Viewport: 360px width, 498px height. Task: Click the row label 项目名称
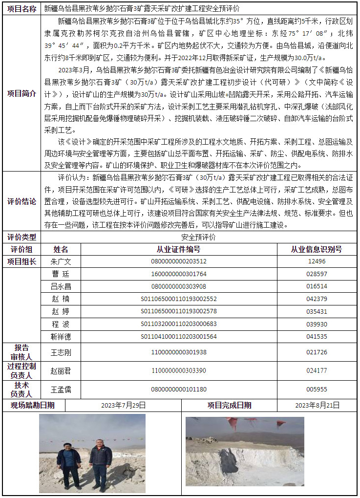coord(21,9)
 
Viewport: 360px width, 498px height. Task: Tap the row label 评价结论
coord(21,200)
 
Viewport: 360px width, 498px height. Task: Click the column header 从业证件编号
coord(179,249)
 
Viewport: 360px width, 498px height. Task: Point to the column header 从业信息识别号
coord(317,249)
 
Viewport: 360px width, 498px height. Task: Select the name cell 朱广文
coord(61,261)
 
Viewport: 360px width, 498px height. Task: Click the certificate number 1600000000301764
coord(179,274)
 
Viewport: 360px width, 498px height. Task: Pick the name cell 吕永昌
coord(61,286)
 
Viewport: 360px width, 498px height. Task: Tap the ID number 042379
coord(317,299)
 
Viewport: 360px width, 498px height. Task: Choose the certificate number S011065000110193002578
coord(179,311)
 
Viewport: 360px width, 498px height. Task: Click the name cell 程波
coord(61,324)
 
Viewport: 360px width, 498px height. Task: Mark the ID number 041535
coord(317,336)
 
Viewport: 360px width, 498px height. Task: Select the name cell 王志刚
coord(61,352)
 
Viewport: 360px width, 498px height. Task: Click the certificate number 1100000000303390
coord(179,371)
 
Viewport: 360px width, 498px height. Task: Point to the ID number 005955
coord(317,390)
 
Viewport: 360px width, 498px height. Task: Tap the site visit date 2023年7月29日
coord(124,405)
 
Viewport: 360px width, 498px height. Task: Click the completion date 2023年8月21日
coord(317,405)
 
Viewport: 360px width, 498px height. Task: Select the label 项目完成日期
coord(230,405)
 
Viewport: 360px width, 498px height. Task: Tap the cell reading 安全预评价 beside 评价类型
coord(198,237)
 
